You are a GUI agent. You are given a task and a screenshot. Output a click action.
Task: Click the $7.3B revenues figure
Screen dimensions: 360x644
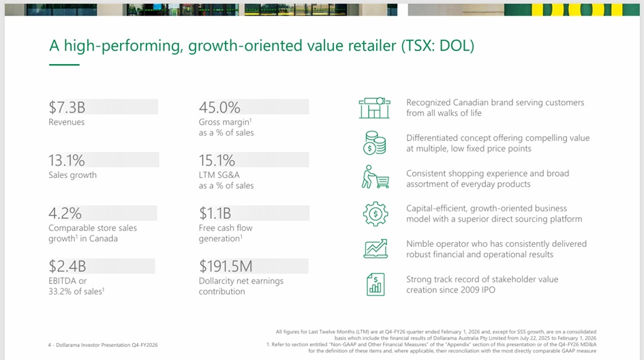click(67, 107)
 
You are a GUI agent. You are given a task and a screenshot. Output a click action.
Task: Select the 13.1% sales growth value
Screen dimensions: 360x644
click(67, 160)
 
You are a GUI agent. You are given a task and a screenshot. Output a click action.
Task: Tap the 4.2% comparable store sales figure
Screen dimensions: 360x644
click(65, 213)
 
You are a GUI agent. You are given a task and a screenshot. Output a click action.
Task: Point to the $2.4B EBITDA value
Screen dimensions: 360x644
click(67, 266)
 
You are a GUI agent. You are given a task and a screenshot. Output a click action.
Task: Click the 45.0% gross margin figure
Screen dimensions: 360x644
click(219, 107)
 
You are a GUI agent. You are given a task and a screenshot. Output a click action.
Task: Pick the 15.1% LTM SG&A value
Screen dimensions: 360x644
click(217, 160)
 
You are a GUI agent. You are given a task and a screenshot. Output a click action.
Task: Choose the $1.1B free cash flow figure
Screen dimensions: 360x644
click(215, 213)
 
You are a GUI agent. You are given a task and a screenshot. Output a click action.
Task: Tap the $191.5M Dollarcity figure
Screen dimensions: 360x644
click(226, 266)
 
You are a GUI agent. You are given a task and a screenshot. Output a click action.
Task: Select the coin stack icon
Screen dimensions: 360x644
click(375, 143)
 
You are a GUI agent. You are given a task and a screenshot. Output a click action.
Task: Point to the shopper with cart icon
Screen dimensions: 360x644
click(375, 178)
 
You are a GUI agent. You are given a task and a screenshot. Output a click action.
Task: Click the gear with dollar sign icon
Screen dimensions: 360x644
click(375, 213)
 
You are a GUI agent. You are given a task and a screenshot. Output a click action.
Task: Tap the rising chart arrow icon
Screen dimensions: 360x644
click(375, 248)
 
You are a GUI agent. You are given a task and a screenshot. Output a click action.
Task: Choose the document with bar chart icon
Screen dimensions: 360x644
click(375, 284)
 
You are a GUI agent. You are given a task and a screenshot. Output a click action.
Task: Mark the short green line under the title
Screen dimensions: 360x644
click(64, 65)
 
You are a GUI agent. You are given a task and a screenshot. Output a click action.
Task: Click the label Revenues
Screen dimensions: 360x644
click(67, 122)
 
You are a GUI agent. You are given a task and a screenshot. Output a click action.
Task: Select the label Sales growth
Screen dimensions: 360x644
click(72, 175)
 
